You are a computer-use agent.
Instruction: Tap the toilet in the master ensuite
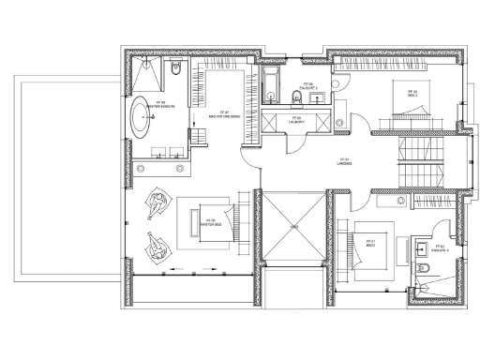(176, 67)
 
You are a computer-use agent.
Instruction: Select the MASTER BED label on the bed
(212, 223)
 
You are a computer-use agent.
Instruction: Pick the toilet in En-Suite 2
(316, 75)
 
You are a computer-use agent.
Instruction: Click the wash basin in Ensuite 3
(415, 246)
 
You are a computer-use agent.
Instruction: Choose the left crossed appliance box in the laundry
(275, 119)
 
